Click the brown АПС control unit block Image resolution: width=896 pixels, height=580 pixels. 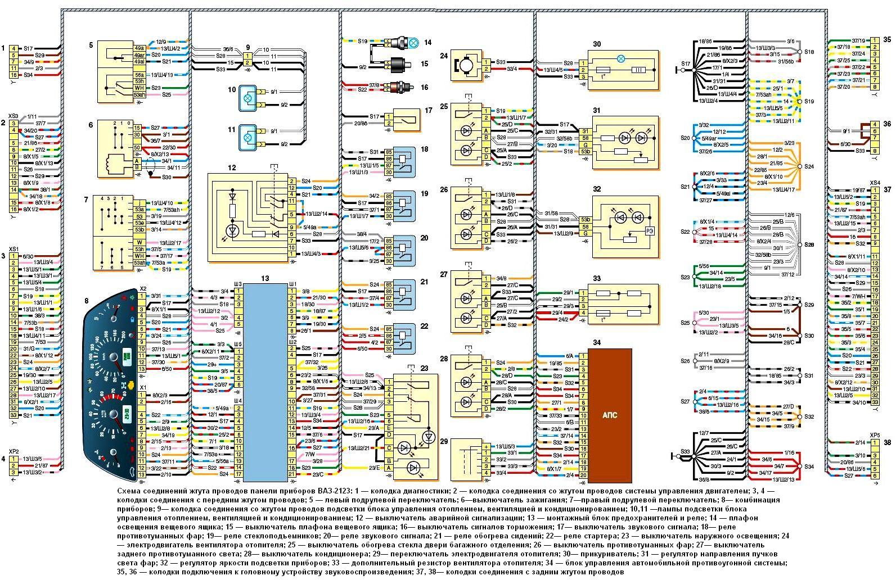610,415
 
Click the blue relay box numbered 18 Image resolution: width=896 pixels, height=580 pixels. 403,162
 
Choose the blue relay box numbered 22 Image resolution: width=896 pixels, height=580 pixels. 403,339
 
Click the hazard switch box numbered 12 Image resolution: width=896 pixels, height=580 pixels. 247,217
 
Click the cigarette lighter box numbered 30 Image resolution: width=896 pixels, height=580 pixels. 623,70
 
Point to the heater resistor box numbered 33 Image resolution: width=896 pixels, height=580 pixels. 623,304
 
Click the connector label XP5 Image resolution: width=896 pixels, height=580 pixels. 875,435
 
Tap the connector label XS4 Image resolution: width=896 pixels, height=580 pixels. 875,183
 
